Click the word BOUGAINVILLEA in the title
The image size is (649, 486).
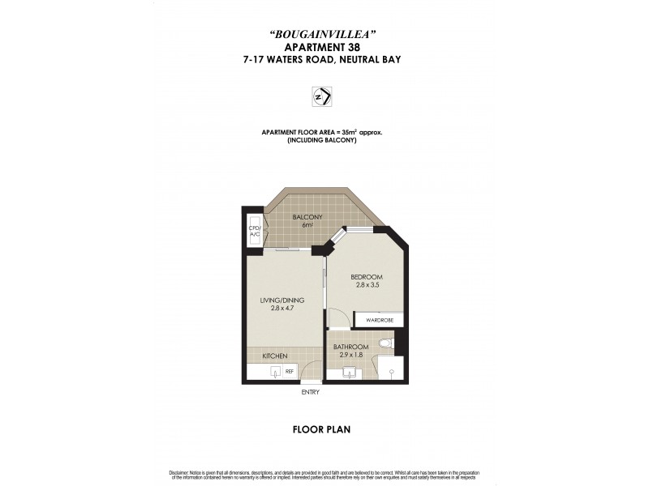[324, 33]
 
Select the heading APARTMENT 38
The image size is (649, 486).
[324, 46]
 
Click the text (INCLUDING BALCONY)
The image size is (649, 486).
[322, 141]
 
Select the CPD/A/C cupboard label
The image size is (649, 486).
[253, 232]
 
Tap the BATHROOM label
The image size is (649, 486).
[351, 347]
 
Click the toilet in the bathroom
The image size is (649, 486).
[386, 345]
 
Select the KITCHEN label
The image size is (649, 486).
[274, 356]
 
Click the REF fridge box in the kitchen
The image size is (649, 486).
[289, 372]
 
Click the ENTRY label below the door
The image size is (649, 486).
[310, 393]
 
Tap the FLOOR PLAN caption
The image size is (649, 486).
[321, 429]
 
